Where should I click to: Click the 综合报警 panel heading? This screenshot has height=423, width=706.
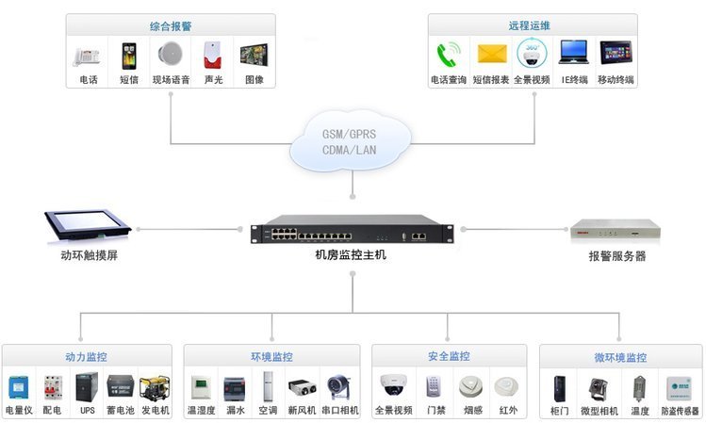171,26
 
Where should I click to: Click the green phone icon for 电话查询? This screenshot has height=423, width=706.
447,54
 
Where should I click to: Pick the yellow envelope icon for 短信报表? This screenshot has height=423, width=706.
490,54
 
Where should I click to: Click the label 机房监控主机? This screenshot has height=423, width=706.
351,254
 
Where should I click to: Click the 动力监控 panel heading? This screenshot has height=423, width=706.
86,358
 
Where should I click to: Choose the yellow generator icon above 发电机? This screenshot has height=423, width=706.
155,387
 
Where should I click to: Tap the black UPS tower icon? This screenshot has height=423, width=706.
87,387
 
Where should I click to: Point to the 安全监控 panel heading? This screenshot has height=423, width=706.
448,357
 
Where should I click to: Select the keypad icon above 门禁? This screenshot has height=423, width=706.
435,386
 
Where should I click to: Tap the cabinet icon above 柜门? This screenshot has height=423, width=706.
559,388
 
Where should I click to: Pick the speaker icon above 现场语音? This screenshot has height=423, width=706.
171,55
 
